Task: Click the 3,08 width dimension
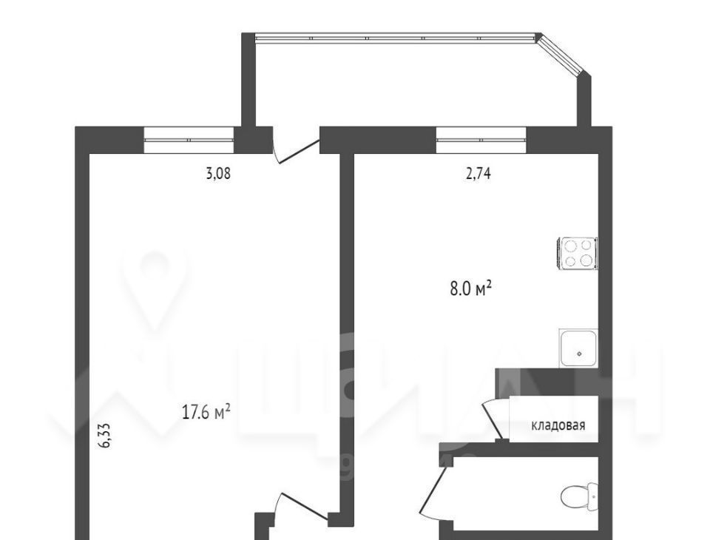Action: [218, 174]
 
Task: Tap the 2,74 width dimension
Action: [479, 174]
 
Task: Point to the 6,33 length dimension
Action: [104, 436]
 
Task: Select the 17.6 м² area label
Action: [206, 412]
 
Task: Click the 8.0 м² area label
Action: [471, 288]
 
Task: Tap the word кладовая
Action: [558, 425]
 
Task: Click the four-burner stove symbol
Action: [577, 253]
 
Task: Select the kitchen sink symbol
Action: [578, 348]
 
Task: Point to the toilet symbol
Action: [580, 496]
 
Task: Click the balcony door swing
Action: [294, 149]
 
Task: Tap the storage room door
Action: [495, 419]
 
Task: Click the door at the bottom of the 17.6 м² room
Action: [301, 507]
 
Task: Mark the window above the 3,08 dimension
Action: [189, 140]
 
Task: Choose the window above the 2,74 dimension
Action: [481, 140]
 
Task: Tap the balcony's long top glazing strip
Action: [395, 38]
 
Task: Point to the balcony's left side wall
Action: [248, 80]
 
